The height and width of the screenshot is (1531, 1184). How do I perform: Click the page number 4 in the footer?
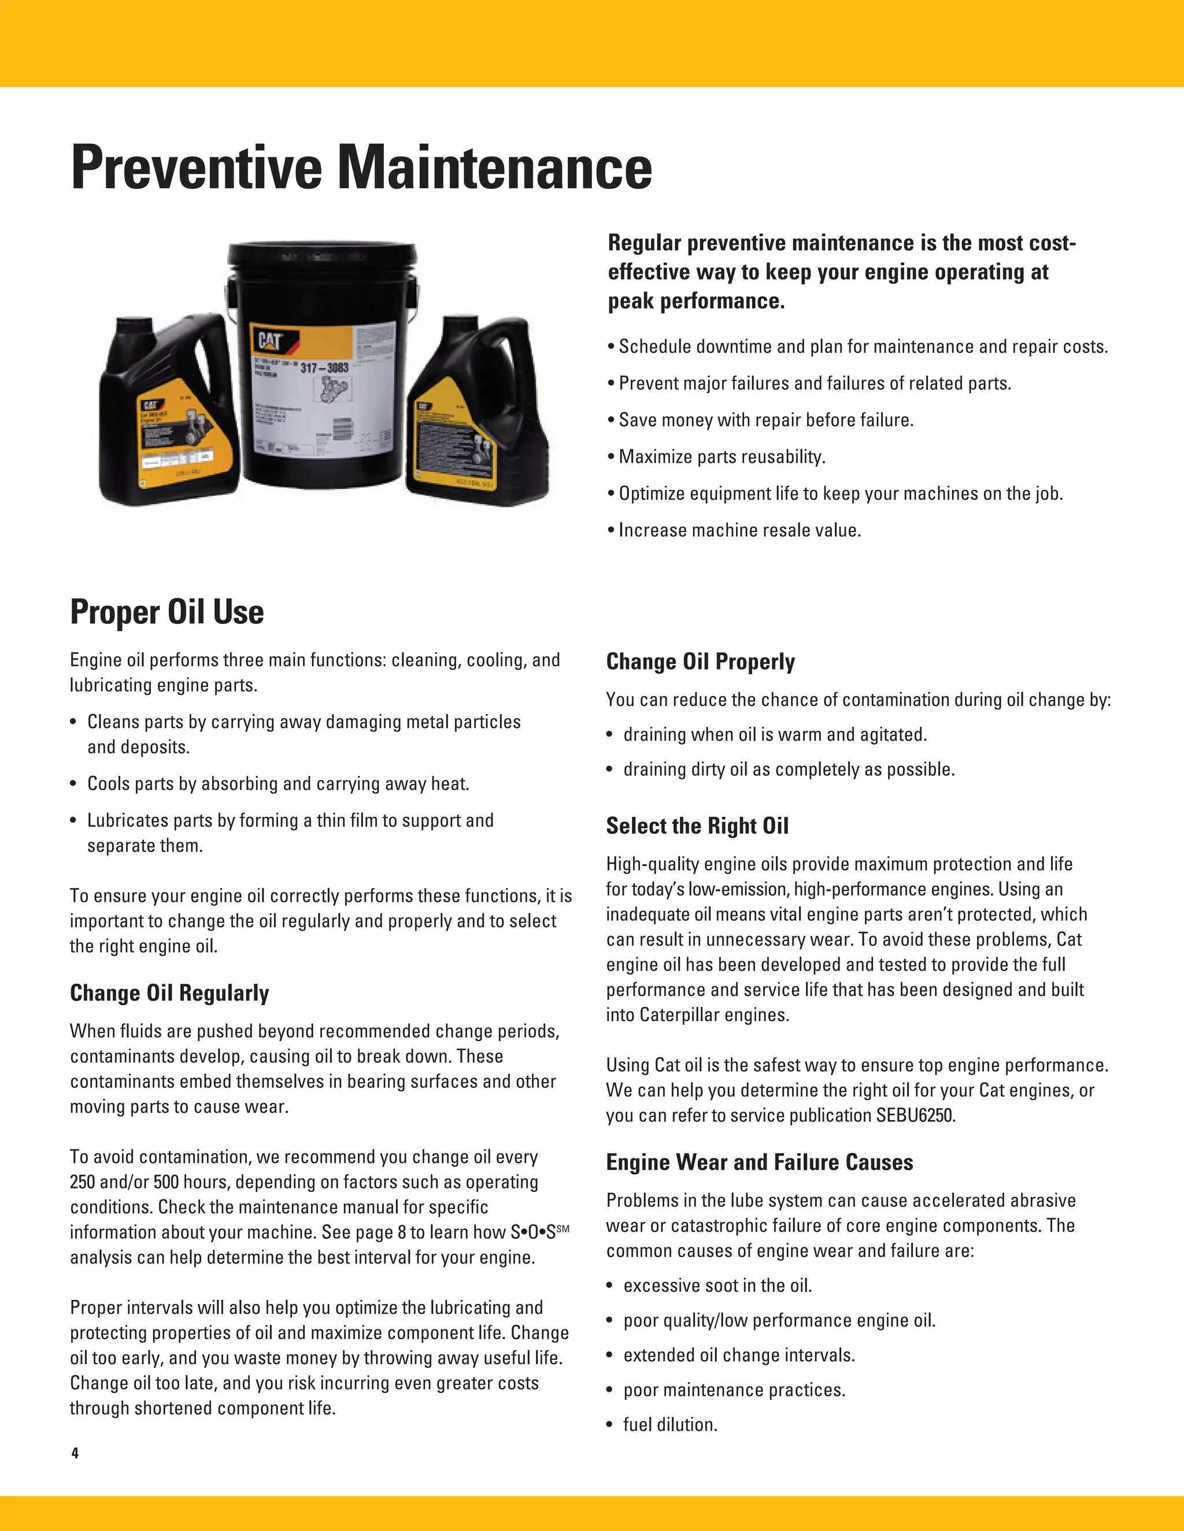(x=75, y=1452)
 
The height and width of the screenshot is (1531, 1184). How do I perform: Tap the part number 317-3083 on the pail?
(x=324, y=367)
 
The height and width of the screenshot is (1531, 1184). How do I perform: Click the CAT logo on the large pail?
(x=270, y=341)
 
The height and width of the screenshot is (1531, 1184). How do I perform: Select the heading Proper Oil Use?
(x=167, y=612)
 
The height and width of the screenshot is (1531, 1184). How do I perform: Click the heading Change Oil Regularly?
(x=169, y=993)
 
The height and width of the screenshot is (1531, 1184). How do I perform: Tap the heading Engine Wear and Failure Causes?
(x=760, y=1162)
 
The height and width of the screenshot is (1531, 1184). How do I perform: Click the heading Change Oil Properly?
(x=700, y=662)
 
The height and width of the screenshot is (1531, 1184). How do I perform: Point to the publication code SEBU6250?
(x=915, y=1115)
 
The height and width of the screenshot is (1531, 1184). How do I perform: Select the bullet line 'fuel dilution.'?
(x=670, y=1425)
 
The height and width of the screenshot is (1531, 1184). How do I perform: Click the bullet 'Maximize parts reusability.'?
(x=721, y=457)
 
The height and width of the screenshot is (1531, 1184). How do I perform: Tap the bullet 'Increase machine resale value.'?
(x=739, y=531)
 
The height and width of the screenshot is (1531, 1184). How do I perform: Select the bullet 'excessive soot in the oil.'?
(x=717, y=1285)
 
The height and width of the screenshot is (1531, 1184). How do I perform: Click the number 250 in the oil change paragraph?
(x=83, y=1182)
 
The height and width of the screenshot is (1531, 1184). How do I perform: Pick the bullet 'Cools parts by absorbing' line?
(x=277, y=784)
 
